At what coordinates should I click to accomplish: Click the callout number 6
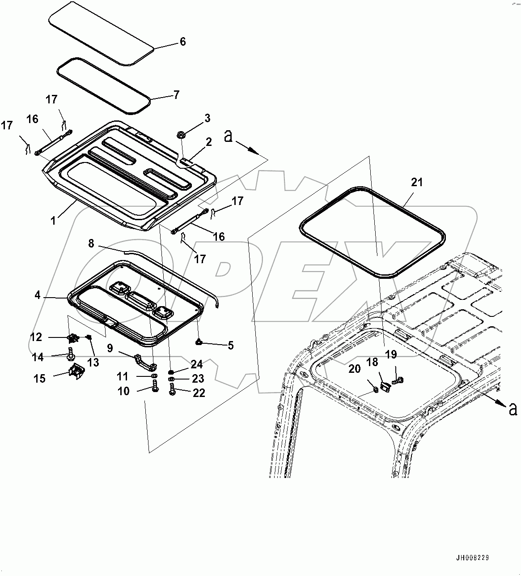pos(182,42)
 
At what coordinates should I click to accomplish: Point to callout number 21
pos(417,183)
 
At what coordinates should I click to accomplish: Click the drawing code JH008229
pos(472,558)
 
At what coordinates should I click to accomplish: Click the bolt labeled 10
pos(155,387)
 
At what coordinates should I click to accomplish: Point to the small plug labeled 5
pos(198,342)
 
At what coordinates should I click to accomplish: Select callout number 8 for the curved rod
pos(91,243)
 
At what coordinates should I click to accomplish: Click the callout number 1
pos(53,220)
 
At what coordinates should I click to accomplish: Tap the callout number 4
pos(38,295)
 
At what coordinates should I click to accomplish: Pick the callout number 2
pos(208,142)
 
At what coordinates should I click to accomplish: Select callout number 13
pos(93,363)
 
